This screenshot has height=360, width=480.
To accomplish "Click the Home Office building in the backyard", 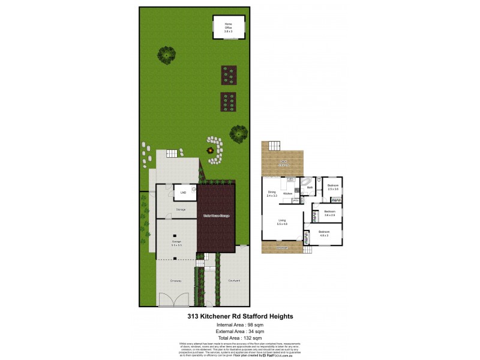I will pos(228,26).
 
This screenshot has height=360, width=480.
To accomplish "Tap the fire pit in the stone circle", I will pos(211,150).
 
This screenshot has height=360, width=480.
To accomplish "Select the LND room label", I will pos(182,193).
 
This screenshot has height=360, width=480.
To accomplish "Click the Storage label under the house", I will pos(181,209).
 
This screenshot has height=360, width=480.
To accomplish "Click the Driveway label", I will pos(175,280).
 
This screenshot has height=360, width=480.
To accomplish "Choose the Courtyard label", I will pos(234,280).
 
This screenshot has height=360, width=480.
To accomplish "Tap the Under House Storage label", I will pos(216,215).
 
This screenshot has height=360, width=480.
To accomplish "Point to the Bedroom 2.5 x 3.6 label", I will pos(333,187).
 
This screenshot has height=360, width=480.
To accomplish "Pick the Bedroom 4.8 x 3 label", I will pos(324,233).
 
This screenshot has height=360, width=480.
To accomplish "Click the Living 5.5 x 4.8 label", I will pos(282,223).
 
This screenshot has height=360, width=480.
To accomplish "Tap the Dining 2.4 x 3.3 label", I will pos(272,194).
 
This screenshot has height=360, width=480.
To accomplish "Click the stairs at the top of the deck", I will pos(274,146).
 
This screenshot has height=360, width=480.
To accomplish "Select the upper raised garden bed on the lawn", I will pos(228,74).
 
